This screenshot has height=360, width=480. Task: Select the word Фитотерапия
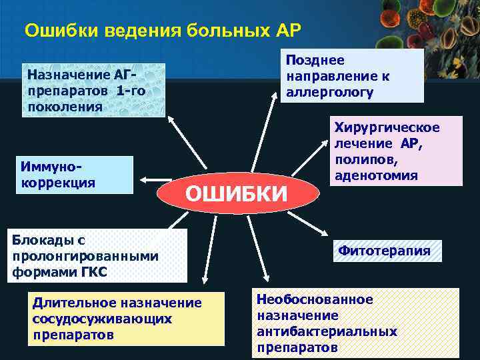coord(384,251)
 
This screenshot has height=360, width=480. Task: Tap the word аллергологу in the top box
coord(329,91)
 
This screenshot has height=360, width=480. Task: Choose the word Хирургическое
coord(387,127)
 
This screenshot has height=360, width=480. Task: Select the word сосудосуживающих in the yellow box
coord(101,318)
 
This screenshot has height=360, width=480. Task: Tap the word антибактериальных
coord(326,331)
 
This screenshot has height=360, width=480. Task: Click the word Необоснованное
coord(315,300)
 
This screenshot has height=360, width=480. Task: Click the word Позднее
coord(315,60)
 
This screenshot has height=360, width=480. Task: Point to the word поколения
coord(65,106)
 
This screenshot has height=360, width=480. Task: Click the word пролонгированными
coord(85,255)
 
